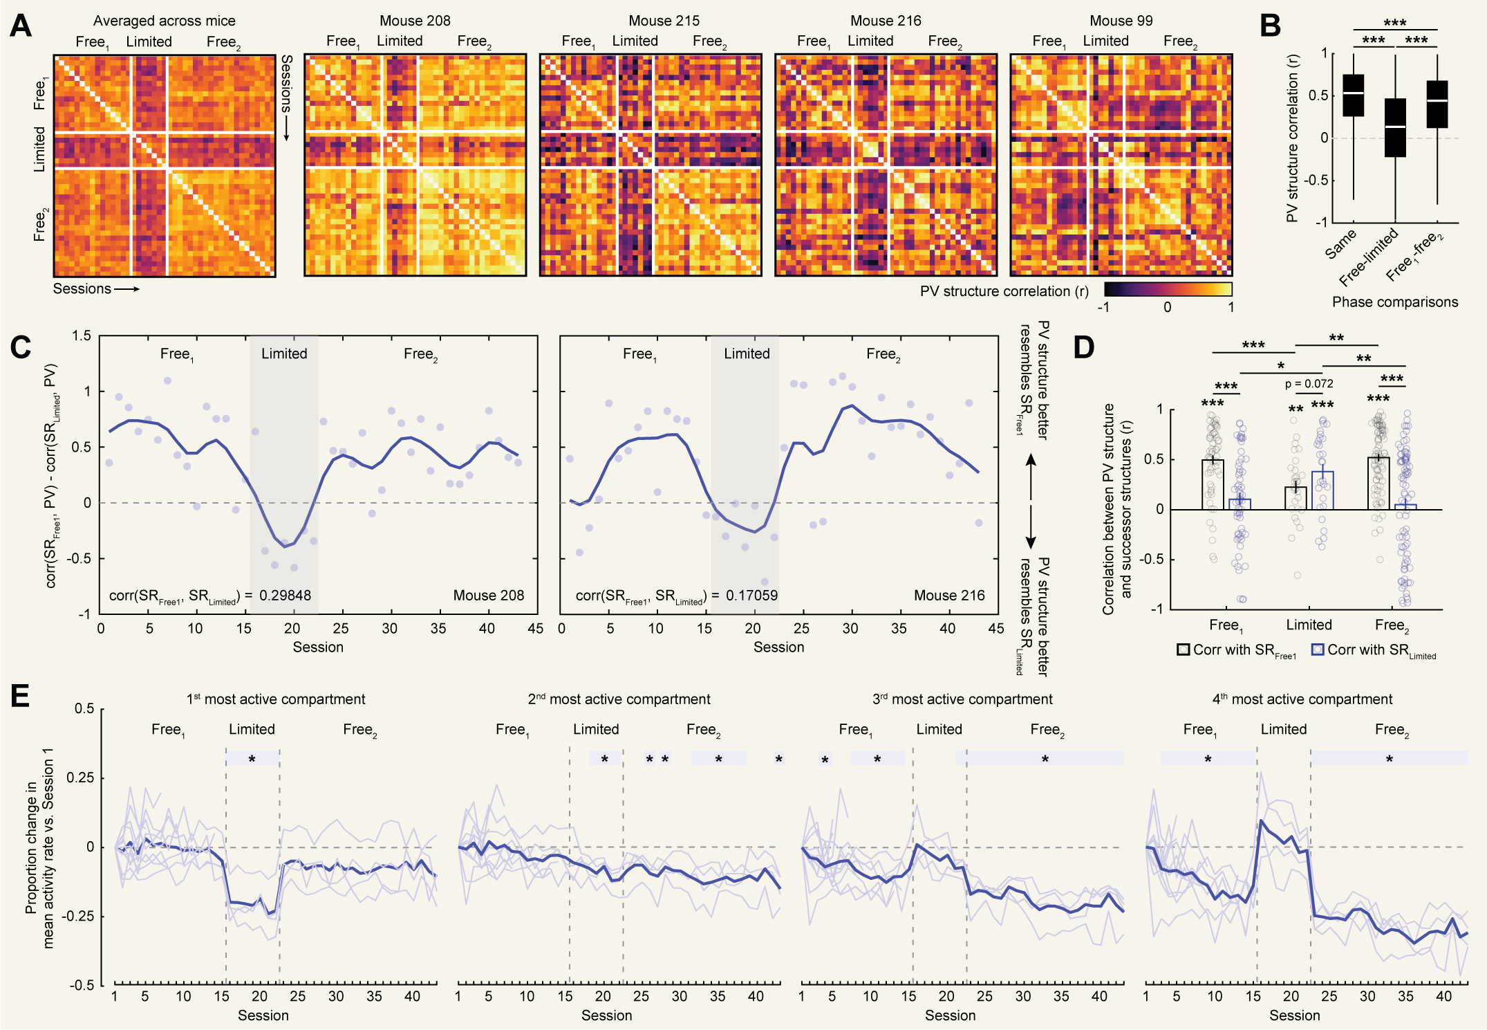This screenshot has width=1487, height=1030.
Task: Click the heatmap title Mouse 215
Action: coord(664,21)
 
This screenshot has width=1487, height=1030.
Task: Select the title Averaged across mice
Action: coord(165,21)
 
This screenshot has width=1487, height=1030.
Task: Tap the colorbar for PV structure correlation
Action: coord(1168,289)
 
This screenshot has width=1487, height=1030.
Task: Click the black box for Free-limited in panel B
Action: coord(1395,128)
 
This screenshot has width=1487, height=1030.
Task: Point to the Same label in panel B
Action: coord(1340,244)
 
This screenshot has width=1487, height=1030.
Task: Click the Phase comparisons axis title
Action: coord(1394,302)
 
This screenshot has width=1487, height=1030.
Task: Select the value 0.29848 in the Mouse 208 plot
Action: coord(285,596)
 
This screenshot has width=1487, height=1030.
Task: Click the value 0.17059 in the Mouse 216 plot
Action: coord(751,596)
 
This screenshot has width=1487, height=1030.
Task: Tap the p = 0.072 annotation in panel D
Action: coord(1309,384)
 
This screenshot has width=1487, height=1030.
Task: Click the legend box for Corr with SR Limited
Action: coord(1318,650)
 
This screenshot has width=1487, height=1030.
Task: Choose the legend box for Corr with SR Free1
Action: coord(1184,650)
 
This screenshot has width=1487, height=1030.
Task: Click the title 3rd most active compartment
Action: coord(962,699)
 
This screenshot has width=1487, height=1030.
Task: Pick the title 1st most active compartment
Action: coord(276,699)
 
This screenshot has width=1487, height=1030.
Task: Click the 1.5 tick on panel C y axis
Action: coord(82,336)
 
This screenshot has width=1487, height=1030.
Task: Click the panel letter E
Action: coord(20,695)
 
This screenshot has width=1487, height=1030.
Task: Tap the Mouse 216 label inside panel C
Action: coord(949,596)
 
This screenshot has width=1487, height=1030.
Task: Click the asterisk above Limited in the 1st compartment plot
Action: coord(252,760)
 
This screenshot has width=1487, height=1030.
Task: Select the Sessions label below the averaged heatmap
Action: coord(82,289)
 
